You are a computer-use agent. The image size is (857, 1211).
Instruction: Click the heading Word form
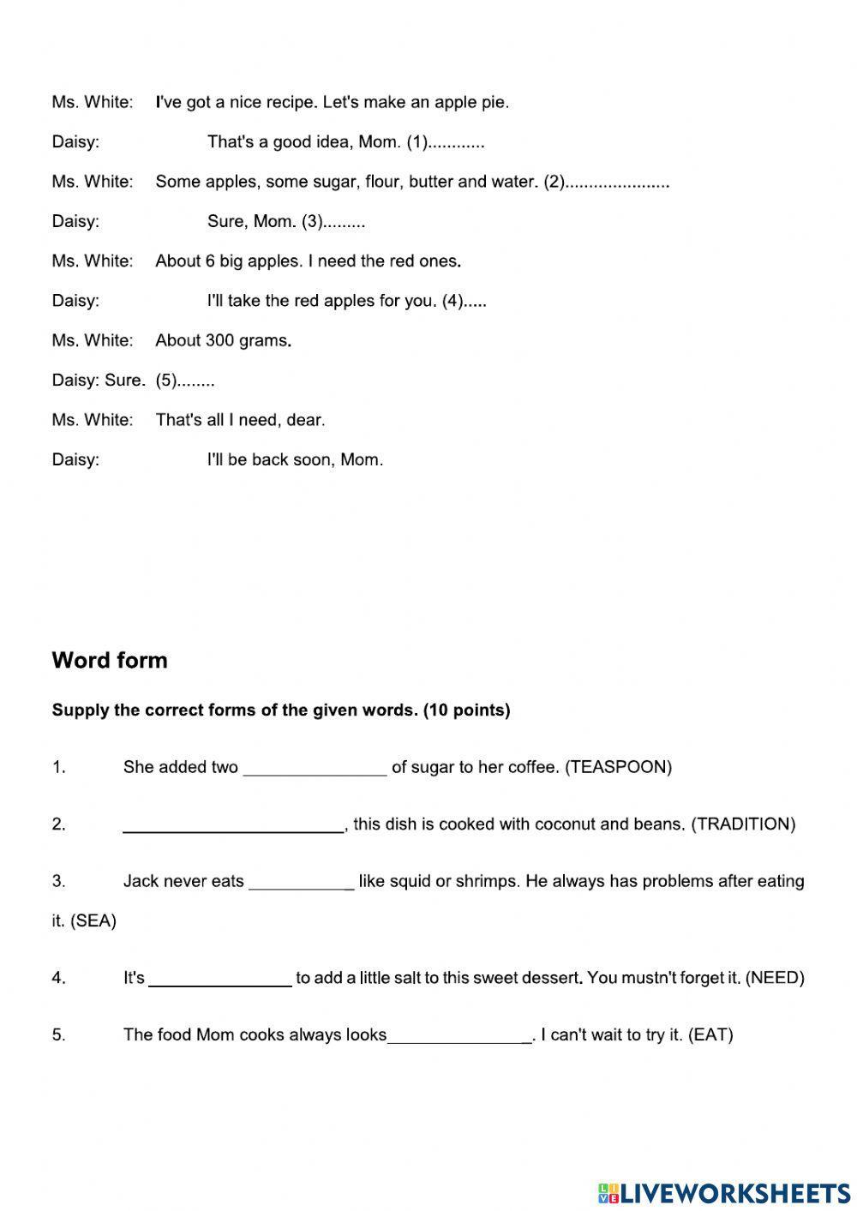tap(110, 660)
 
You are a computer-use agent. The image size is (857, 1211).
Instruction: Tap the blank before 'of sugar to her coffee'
tap(315, 769)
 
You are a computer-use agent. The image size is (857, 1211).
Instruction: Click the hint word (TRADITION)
tap(743, 824)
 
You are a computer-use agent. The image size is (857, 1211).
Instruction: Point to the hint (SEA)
tap(93, 921)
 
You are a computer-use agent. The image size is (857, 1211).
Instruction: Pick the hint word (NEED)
tap(775, 978)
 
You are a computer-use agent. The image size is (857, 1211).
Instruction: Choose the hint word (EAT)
tap(710, 1035)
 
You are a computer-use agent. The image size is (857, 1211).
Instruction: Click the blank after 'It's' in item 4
tap(220, 980)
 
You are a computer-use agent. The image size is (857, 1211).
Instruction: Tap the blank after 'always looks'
tap(459, 1037)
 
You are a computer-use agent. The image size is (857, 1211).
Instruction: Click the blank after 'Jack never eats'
tap(300, 883)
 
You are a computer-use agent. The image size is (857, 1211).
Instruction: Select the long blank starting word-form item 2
tap(232, 826)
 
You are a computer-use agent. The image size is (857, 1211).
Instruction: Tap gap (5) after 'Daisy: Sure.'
tap(185, 381)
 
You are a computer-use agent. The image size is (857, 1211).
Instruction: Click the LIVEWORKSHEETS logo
tap(723, 1192)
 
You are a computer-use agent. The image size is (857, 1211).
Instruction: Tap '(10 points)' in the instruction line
tap(466, 710)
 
